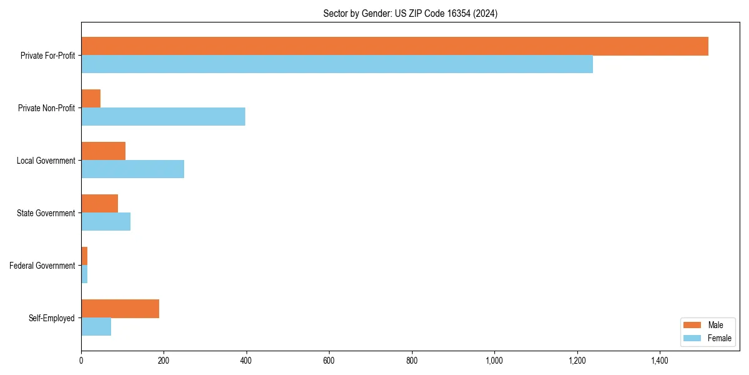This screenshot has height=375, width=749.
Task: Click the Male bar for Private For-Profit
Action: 394,46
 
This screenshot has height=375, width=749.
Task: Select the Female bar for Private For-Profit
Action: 337,64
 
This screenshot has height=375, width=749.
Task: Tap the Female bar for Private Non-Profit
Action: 163,117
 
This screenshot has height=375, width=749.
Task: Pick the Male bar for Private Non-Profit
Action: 91,99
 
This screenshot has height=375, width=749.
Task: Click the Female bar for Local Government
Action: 132,169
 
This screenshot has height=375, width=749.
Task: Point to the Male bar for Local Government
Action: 104,151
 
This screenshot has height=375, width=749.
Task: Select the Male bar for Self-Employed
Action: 120,309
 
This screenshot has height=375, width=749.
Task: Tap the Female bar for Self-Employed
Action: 96,327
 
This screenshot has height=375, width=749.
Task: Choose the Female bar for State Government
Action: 105,222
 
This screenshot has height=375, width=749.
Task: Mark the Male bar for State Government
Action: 100,204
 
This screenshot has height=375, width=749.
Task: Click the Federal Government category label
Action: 42,266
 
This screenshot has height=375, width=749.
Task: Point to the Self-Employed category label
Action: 52,318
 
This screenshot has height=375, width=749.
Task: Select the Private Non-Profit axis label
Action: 46,108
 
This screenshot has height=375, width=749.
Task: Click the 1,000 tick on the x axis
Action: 494,361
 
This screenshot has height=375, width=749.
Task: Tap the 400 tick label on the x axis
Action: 246,361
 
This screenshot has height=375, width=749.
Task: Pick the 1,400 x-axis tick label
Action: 660,361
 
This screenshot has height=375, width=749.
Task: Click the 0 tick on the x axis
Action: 81,361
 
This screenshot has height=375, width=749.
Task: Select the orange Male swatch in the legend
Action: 693,325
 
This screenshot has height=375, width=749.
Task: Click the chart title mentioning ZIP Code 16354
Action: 410,13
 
